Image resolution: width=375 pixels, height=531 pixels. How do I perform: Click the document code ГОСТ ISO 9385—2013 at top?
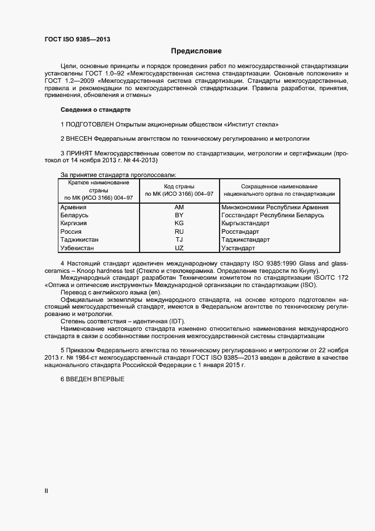pyautogui.click(x=77, y=39)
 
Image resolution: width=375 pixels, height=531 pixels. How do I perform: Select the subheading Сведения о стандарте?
pyautogui.click(x=95, y=109)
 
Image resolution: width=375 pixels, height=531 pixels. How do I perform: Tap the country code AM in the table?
pyautogui.click(x=179, y=208)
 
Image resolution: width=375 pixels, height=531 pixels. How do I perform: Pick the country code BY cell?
pyautogui.click(x=179, y=216)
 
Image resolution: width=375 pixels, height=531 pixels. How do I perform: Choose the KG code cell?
pyautogui.click(x=179, y=224)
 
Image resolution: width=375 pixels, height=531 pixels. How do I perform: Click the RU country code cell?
pyautogui.click(x=179, y=232)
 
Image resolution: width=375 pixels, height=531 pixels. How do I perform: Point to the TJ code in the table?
pyautogui.click(x=179, y=240)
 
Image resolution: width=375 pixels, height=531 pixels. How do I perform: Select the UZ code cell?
pyautogui.click(x=179, y=248)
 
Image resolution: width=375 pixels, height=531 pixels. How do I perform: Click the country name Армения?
pyautogui.click(x=73, y=208)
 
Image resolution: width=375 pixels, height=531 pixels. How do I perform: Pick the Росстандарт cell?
pyautogui.click(x=240, y=232)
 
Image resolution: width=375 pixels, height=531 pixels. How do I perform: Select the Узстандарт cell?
pyautogui.click(x=239, y=248)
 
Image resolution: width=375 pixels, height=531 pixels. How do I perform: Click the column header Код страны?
pyautogui.click(x=179, y=186)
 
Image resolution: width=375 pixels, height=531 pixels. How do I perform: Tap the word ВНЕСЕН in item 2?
pyautogui.click(x=79, y=138)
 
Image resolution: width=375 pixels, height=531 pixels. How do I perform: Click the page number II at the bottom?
pyautogui.click(x=47, y=491)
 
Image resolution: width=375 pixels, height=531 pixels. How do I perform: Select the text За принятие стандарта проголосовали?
pyautogui.click(x=118, y=175)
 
